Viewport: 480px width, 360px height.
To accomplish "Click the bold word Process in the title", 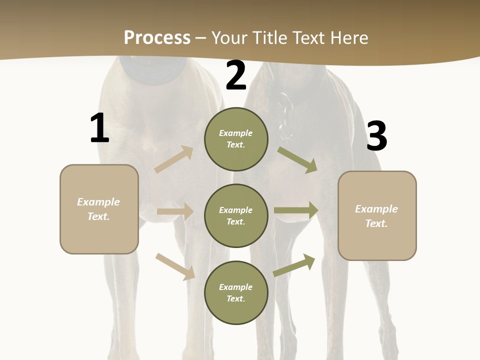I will point(157,37).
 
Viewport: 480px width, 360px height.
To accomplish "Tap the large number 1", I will point(99,128).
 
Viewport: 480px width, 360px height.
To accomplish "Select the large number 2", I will point(236,75).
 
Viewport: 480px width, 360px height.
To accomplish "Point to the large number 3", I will point(376,136).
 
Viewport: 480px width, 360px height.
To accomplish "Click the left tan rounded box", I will point(99,209).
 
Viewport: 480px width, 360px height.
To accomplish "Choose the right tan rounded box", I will point(377,216).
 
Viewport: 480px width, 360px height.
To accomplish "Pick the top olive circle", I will point(236,139).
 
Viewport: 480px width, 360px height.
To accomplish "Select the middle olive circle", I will point(236,215).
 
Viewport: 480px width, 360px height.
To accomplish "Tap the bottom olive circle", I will point(236,292).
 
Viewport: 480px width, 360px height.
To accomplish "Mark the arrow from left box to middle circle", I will point(175,212).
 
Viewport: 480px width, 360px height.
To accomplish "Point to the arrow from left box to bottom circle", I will point(175,266).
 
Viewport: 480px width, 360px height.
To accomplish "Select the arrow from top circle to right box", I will point(297,159).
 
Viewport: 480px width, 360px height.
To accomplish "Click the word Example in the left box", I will point(98,202).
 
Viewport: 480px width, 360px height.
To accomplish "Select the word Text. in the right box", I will point(376,223).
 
